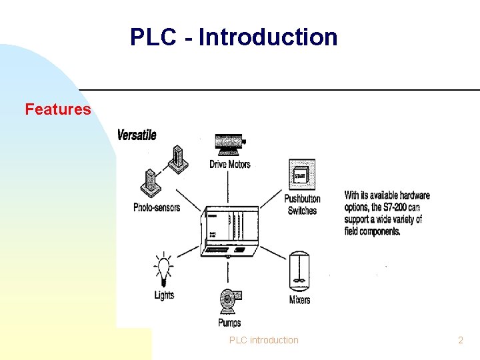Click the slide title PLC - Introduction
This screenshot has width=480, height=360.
tap(234, 37)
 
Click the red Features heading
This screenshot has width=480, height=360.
tap(58, 109)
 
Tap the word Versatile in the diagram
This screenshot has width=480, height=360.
tap(137, 135)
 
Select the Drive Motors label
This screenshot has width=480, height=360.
tap(230, 164)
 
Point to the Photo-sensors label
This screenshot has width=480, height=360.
tap(157, 207)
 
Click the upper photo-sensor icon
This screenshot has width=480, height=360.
tap(176, 159)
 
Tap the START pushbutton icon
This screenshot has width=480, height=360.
tap(300, 175)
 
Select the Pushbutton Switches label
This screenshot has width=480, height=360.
tap(302, 205)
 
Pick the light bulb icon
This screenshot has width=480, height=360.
tap(163, 269)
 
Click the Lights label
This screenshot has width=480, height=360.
tap(164, 295)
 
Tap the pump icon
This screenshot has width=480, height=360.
tap(230, 301)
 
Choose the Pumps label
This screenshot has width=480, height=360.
tap(229, 323)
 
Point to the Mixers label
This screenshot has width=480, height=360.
tap(299, 300)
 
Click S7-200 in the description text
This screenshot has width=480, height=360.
tap(400, 207)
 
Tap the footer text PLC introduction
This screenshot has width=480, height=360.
tap(264, 340)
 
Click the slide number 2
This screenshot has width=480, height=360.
tap(460, 340)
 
